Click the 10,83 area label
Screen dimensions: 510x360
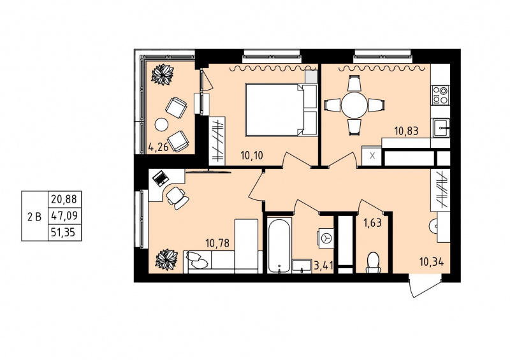(x=406, y=131)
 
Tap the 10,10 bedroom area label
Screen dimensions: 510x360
(x=252, y=155)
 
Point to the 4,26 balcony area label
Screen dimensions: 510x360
(x=158, y=148)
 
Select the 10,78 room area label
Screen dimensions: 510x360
(x=217, y=243)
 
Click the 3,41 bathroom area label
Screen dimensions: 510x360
(x=323, y=266)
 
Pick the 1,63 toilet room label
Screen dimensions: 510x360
(x=372, y=224)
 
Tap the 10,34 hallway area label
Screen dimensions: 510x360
(x=432, y=262)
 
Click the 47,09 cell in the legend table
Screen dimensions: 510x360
(x=64, y=215)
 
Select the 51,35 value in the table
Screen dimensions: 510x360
(x=64, y=233)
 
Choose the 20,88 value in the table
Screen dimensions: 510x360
(x=64, y=199)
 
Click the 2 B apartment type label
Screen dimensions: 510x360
(x=35, y=217)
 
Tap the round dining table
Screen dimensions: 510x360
(x=354, y=105)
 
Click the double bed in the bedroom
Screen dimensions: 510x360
(x=282, y=110)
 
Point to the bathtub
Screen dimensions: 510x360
(x=279, y=245)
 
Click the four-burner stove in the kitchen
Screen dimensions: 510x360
(x=441, y=95)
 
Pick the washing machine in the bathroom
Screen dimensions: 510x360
(x=325, y=238)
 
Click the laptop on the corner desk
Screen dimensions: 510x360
(x=161, y=178)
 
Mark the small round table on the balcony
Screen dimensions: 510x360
(x=162, y=124)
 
